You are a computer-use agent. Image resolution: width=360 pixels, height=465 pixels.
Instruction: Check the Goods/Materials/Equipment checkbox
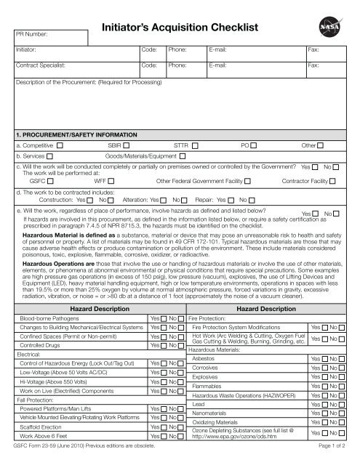pyautogui.click(x=181, y=157)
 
